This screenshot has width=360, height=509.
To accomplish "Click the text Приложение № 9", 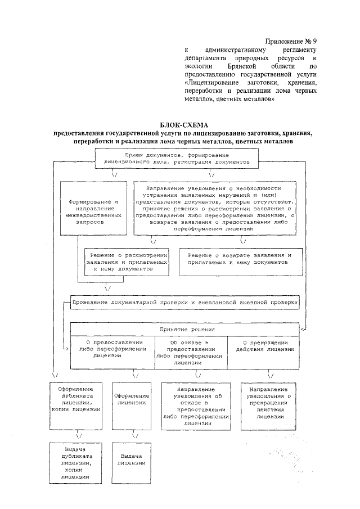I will tap(291, 42).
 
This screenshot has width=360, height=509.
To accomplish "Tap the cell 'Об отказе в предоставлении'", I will tap(192, 352).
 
